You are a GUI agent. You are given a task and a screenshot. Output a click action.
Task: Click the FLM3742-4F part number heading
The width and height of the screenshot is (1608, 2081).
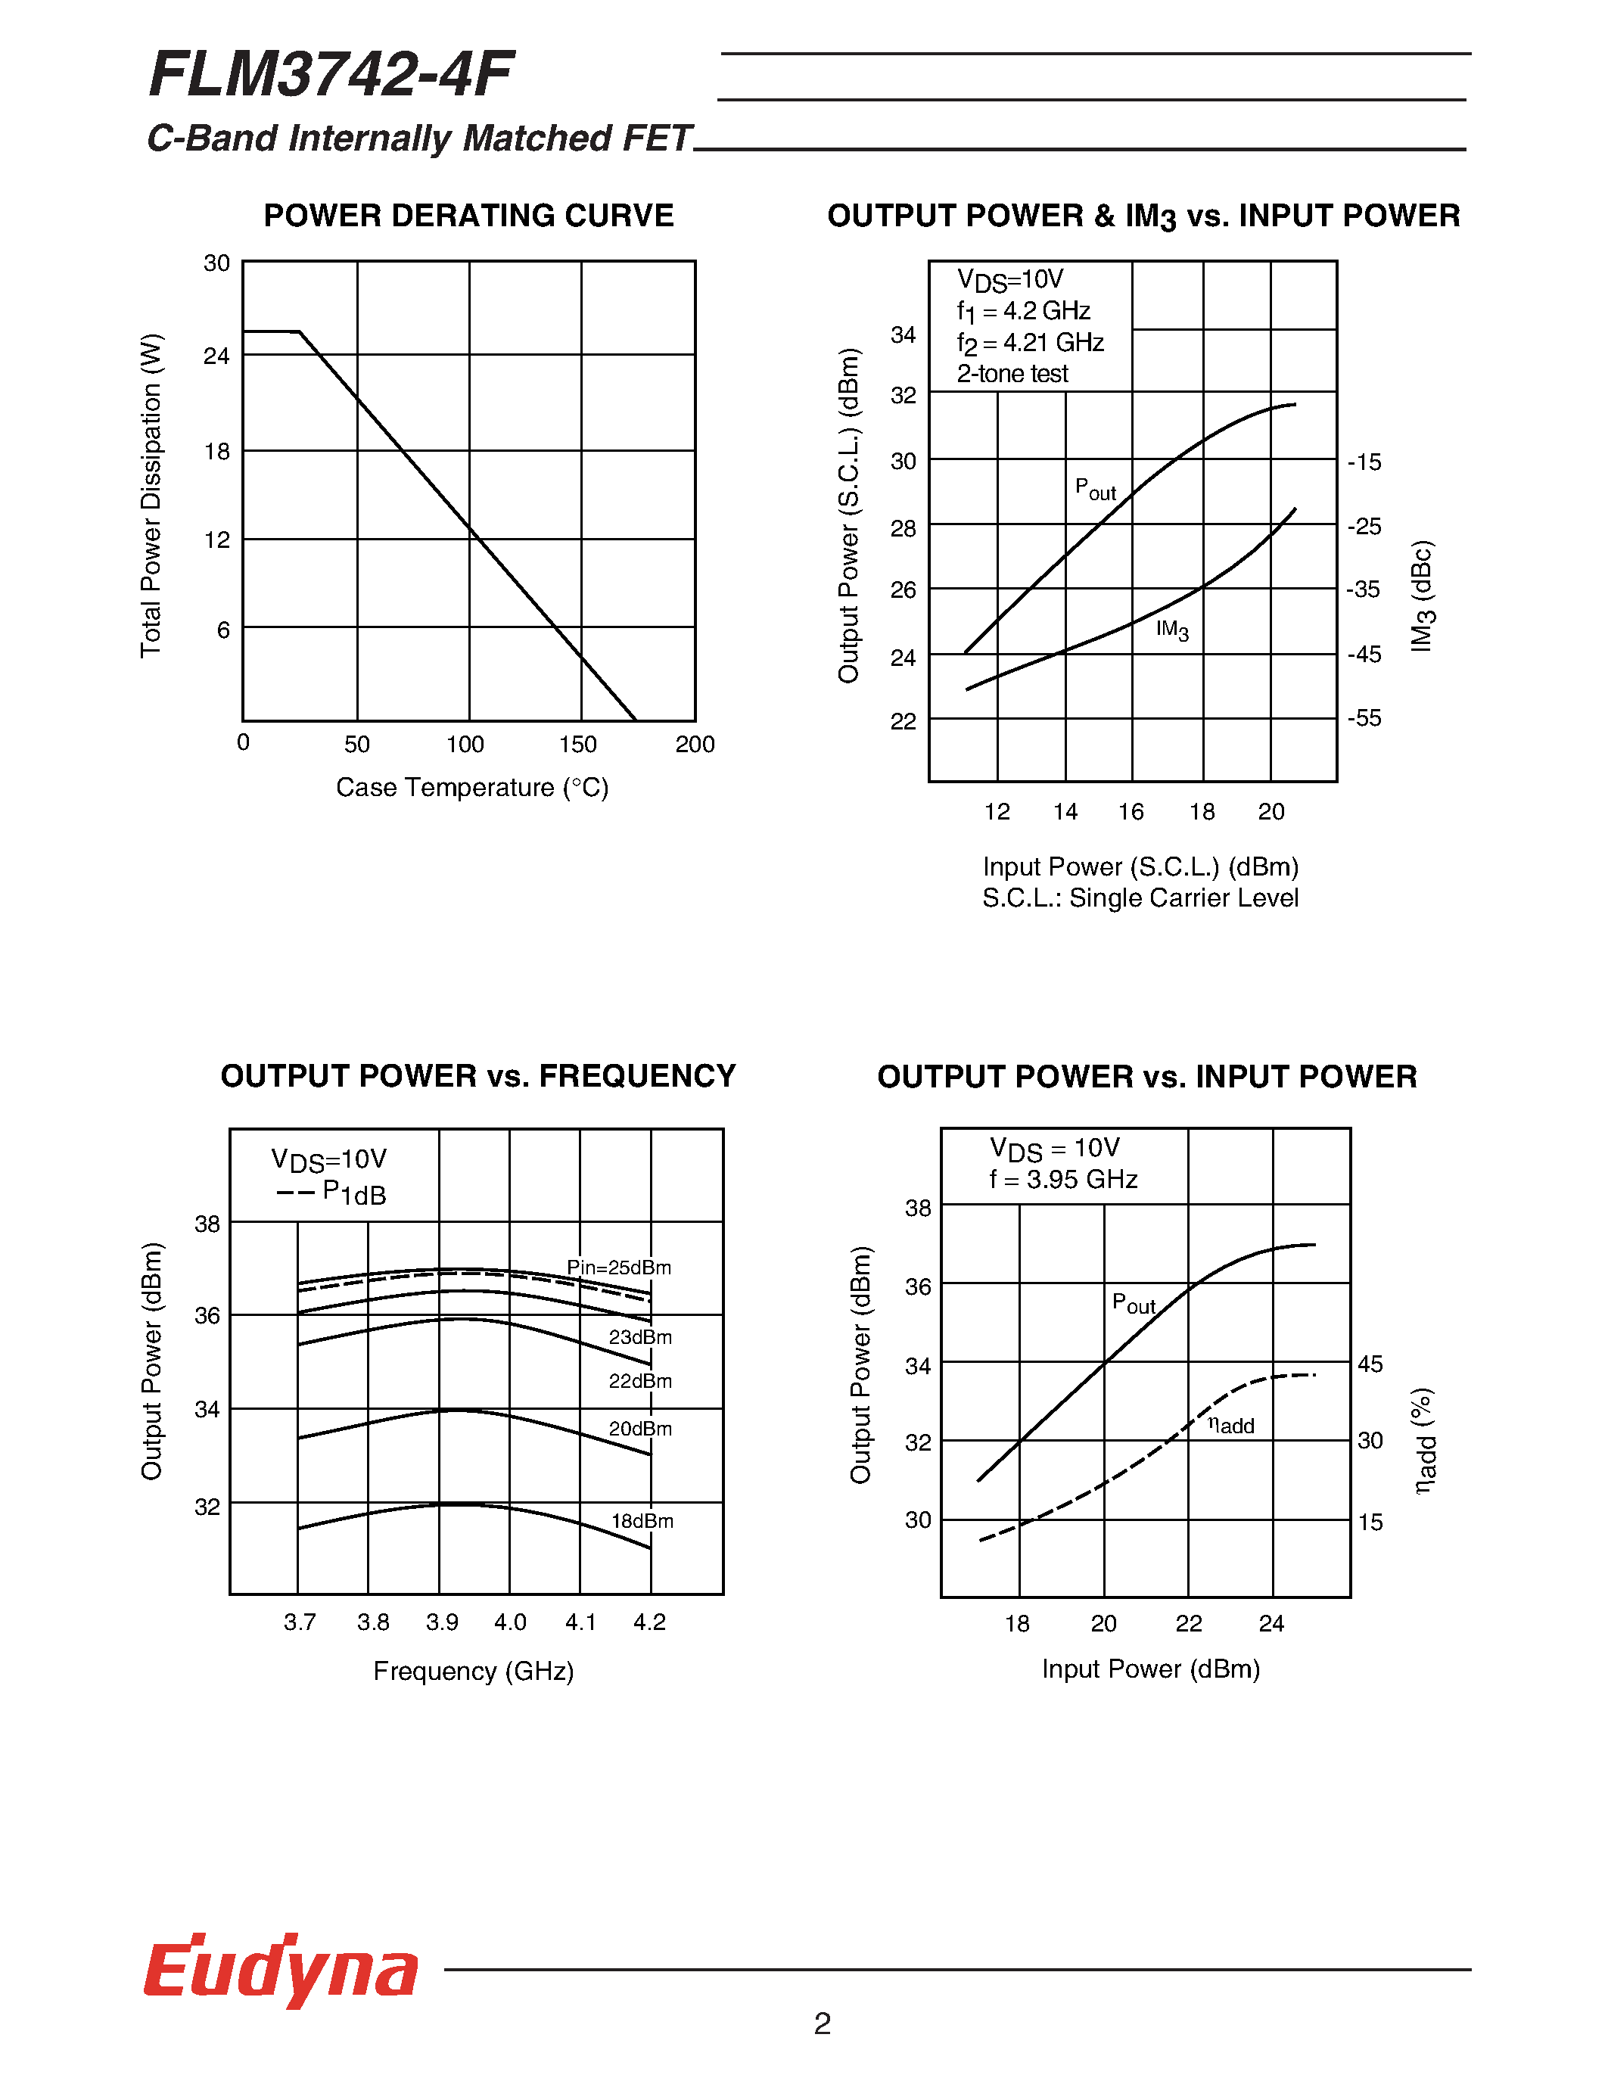pos(331,75)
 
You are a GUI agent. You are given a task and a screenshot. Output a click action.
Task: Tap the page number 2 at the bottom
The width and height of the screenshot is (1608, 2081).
pos(822,2022)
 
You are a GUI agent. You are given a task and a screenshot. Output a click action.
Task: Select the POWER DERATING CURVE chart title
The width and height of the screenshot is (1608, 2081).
pos(468,216)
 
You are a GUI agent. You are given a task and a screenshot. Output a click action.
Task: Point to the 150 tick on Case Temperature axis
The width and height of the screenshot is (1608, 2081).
pos(577,744)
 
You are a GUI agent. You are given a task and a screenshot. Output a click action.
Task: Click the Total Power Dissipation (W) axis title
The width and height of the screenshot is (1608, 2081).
pos(151,495)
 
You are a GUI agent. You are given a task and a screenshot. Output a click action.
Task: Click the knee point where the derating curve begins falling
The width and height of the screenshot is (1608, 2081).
pos(299,331)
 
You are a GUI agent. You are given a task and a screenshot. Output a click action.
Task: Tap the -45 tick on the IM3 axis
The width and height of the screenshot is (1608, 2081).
pos(1364,655)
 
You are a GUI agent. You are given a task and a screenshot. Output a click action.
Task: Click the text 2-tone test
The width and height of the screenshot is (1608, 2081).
pos(1012,374)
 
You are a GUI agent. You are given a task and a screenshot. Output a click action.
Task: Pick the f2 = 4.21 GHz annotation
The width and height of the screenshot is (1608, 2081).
pos(1030,343)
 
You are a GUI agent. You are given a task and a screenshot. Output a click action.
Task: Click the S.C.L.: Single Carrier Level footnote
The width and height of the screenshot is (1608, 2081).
pos(1140,898)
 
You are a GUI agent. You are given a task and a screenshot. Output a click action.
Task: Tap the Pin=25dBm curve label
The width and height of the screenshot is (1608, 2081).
pos(618,1268)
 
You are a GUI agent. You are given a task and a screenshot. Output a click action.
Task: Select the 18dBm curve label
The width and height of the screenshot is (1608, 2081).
pos(642,1521)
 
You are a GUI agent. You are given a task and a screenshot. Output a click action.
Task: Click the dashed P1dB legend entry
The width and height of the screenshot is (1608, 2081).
pos(331,1193)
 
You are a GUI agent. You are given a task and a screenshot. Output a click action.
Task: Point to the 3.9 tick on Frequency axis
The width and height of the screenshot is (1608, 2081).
pos(442,1622)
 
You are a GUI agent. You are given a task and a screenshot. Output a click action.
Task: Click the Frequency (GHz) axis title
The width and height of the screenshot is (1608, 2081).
pos(474,1672)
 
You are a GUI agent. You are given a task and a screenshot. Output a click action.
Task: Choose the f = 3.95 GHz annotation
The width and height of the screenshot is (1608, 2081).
pos(1063,1180)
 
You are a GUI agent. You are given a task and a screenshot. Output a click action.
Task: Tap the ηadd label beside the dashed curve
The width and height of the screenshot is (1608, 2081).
pos(1230,1426)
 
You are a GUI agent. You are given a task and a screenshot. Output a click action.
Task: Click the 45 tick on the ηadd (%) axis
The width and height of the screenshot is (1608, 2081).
pos(1370,1364)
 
